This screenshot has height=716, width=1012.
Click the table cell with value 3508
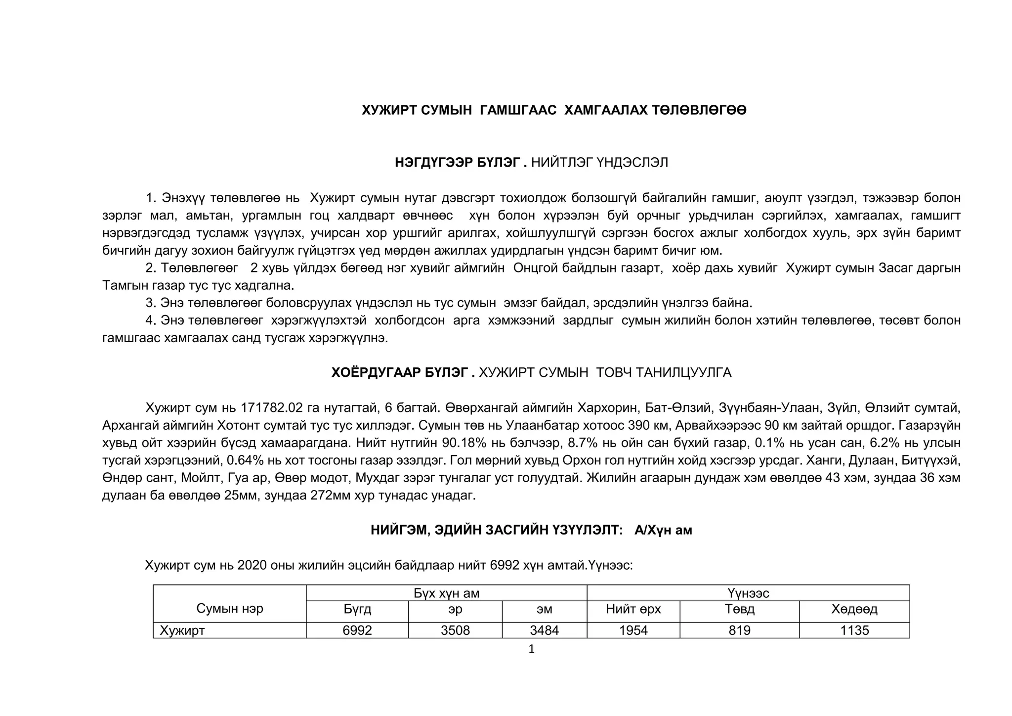[455, 630]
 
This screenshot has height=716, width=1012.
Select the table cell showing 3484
[544, 630]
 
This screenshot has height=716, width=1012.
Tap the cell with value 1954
[633, 630]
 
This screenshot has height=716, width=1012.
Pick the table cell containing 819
[739, 630]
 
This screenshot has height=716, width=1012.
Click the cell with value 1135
[854, 630]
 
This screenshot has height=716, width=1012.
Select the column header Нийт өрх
[633, 609]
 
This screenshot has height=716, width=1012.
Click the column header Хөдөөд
[854, 609]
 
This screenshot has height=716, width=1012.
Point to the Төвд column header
[739, 609]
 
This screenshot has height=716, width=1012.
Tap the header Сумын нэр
[230, 609]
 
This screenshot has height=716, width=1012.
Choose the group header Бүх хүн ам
[446, 593]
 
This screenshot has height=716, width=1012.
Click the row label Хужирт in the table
[182, 630]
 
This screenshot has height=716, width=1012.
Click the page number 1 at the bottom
[531, 649]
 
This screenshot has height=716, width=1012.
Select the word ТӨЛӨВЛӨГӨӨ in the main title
[699, 110]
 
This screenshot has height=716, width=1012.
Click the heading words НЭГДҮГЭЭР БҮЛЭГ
[457, 163]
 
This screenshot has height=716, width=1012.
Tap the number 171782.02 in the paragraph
[271, 408]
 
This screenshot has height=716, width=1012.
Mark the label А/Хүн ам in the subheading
[663, 531]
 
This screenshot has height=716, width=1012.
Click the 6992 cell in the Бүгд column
[357, 630]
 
